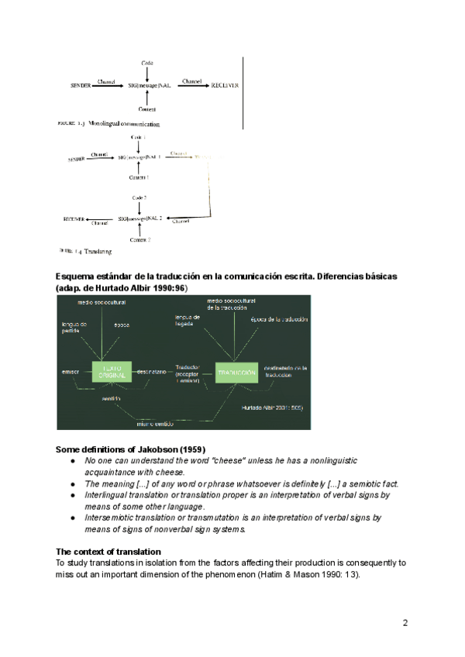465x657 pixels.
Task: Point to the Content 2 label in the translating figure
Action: click(x=139, y=240)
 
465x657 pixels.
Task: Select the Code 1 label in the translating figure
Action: click(x=139, y=136)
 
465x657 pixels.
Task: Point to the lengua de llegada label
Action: click(x=188, y=321)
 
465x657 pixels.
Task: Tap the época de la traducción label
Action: click(x=279, y=320)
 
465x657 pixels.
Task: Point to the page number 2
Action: click(x=405, y=622)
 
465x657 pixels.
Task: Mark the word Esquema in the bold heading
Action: click(x=76, y=277)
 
